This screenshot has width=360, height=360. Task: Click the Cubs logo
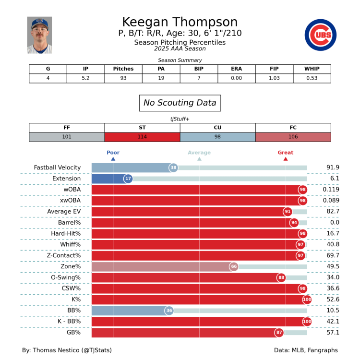click(320, 35)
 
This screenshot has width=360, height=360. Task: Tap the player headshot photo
click(39, 35)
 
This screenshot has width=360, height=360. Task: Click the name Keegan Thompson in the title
click(180, 22)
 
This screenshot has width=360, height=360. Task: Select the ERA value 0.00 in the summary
click(236, 78)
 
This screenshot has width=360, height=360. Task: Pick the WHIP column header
click(312, 69)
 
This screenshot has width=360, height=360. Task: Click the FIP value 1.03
click(274, 78)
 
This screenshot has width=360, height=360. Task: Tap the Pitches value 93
click(123, 78)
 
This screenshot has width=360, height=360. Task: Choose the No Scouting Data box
click(180, 103)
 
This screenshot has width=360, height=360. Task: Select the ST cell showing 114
click(142, 137)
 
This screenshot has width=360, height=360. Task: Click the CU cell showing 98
click(217, 137)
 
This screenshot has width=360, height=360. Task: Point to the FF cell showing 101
click(67, 137)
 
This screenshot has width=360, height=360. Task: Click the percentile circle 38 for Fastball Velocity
click(173, 168)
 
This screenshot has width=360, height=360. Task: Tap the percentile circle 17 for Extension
click(128, 179)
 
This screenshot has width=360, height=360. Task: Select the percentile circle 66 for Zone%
click(234, 266)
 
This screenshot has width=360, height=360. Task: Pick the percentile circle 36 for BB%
click(169, 311)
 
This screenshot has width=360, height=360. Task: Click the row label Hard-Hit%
click(66, 233)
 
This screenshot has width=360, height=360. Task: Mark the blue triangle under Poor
click(113, 159)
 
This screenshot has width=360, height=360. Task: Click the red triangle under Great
click(286, 159)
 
